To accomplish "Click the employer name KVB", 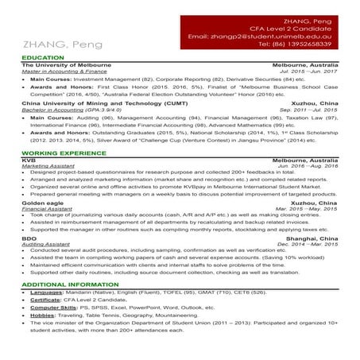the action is (x=29, y=158).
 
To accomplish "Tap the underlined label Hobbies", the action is (x=43, y=316).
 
